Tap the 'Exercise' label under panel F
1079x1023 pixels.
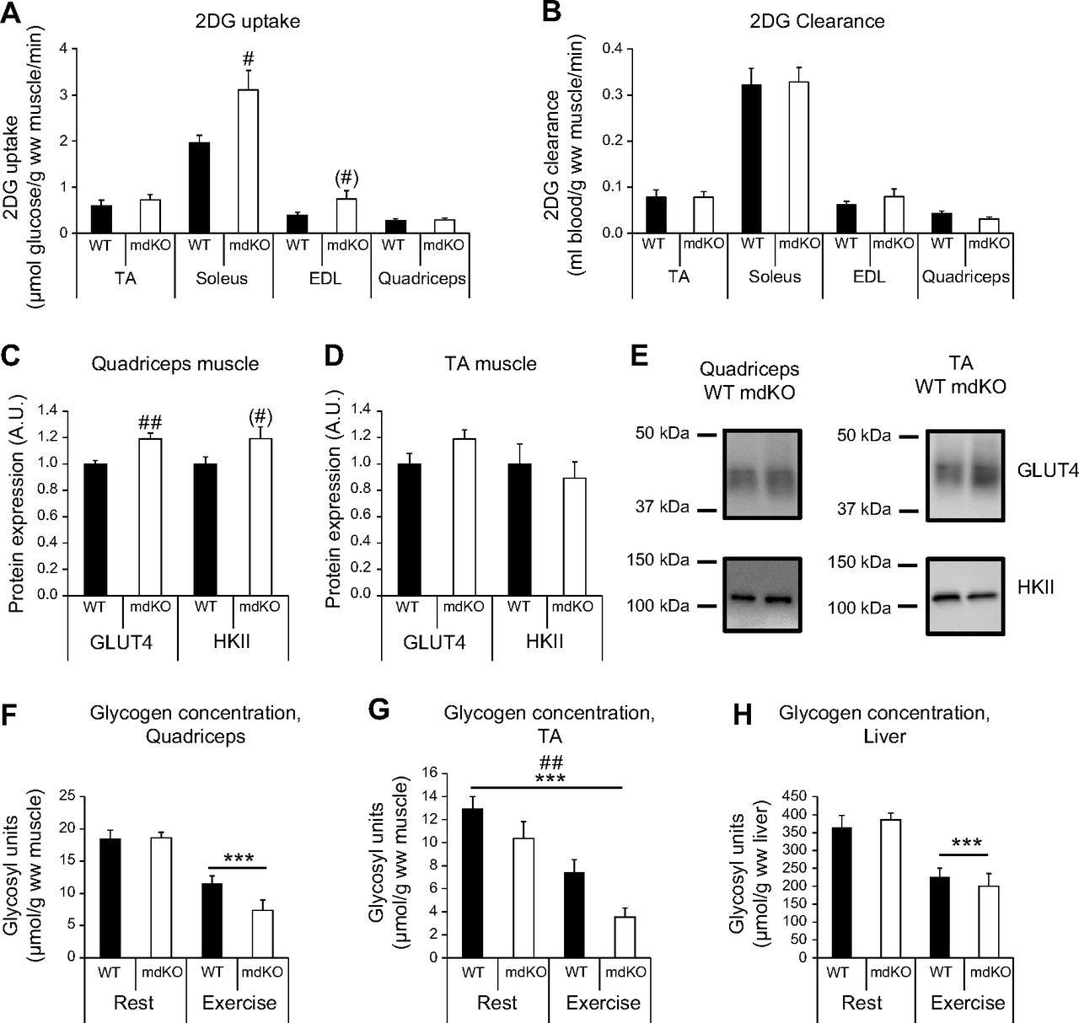[239, 1003]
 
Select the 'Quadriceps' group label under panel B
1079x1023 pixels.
[965, 276]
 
